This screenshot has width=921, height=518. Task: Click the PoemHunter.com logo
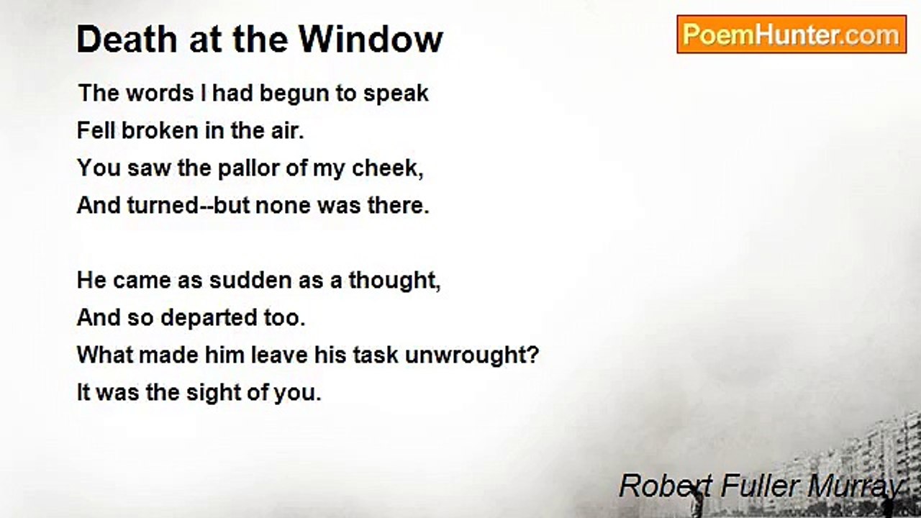click(791, 35)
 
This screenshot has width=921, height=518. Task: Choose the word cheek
click(386, 168)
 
